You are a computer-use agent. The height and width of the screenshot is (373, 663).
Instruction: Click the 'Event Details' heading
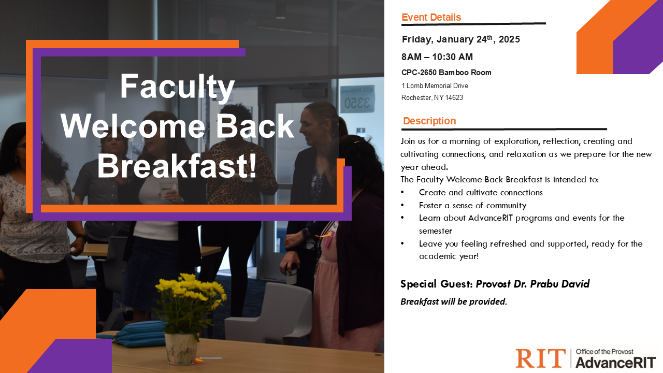click(x=431, y=17)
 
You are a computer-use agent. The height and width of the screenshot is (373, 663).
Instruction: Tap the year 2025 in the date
click(x=509, y=39)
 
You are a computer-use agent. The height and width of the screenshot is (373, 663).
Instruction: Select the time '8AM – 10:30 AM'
click(x=437, y=56)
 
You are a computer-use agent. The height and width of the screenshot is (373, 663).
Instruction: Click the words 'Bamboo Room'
click(x=465, y=73)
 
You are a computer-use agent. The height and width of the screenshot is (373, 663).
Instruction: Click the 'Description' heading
click(x=429, y=121)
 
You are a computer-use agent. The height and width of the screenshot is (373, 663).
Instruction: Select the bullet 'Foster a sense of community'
click(x=473, y=206)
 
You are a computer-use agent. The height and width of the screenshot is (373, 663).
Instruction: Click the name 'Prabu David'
click(x=560, y=284)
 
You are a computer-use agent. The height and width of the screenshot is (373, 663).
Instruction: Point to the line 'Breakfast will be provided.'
click(x=454, y=302)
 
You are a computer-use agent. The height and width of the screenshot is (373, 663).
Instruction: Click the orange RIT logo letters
click(x=540, y=358)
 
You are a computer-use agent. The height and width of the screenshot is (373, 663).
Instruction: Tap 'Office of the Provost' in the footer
click(x=604, y=352)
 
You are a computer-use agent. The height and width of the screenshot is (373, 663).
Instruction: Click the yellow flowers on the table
click(x=190, y=299)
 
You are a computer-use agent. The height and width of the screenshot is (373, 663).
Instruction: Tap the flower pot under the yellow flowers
click(x=181, y=349)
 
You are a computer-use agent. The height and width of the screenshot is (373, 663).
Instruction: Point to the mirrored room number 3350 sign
click(x=357, y=99)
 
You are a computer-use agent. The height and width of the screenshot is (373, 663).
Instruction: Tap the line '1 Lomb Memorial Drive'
click(x=435, y=86)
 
